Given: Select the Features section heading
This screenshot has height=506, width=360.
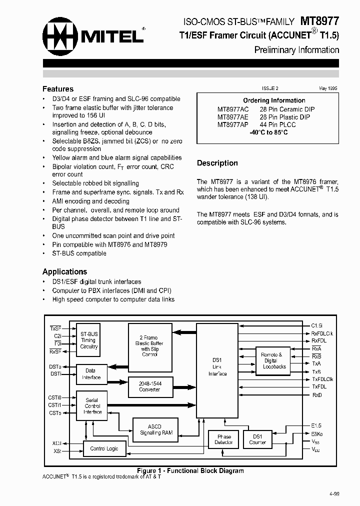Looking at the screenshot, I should click(x=58, y=89).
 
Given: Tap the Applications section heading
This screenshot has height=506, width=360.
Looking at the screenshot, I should click(x=64, y=271).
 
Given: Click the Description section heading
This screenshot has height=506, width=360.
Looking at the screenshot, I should click(x=217, y=163).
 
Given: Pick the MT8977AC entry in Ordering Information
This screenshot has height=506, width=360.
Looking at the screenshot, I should click(x=233, y=109).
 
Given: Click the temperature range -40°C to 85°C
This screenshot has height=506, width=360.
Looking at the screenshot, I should click(x=268, y=133).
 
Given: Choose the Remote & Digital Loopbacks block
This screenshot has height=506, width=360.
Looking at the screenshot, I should click(x=274, y=360).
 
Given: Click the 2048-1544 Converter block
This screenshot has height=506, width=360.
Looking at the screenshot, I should click(x=149, y=386).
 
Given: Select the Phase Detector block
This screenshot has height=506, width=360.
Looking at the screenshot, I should click(x=223, y=439).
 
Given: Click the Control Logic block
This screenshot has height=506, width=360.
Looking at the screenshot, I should click(x=104, y=448).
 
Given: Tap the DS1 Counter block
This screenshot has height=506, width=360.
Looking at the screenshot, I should click(x=257, y=439).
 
